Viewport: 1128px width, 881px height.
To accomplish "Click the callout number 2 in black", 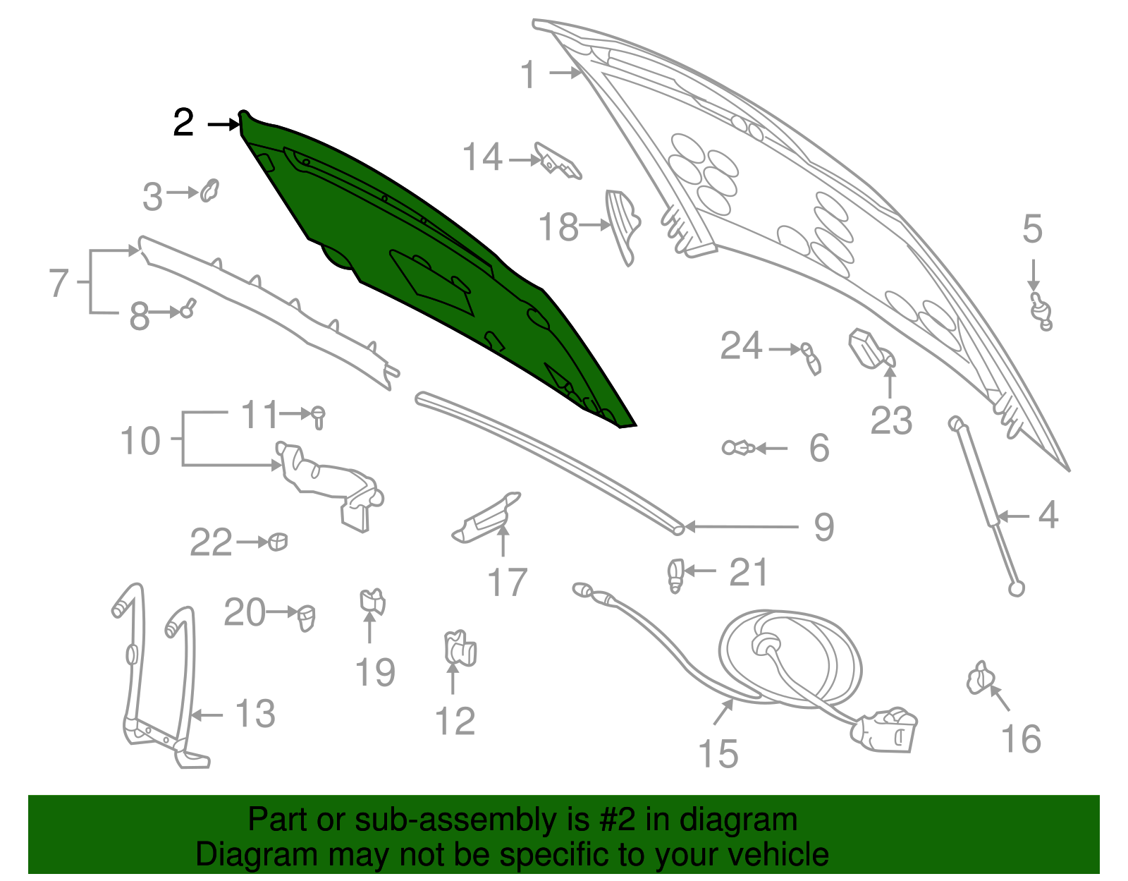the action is point(183,123).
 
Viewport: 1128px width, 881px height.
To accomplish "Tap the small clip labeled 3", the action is point(209,190).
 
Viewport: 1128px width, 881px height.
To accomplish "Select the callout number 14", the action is point(482,157).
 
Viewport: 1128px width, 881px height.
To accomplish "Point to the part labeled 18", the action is point(623,226).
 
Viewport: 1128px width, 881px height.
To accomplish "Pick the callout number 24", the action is point(741,346).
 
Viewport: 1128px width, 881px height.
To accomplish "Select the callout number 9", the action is point(824,528).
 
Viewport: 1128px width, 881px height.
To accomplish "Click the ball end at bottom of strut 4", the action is point(1016,589).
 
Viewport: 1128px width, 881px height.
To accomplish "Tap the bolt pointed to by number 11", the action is point(318,418).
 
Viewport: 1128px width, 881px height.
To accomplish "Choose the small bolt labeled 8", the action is point(188,308).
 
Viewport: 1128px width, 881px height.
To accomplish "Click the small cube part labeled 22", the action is point(278,542).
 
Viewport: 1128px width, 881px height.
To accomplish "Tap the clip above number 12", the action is point(460,648).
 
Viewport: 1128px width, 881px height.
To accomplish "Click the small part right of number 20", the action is point(306,617).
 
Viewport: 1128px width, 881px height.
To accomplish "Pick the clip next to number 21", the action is point(675,575).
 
